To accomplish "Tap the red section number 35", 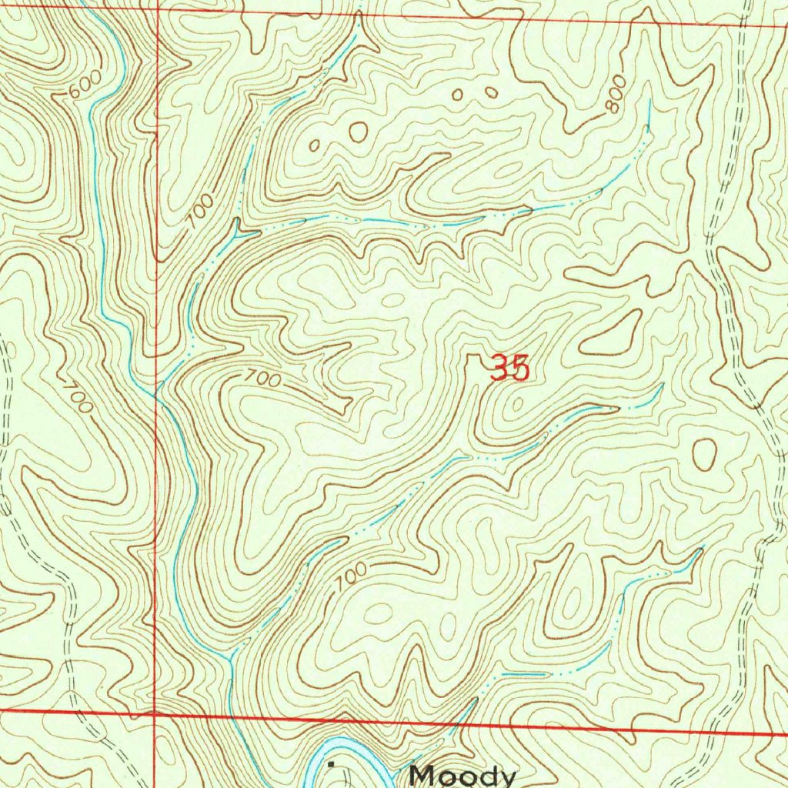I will pos(510,369).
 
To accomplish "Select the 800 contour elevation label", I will pos(614,96).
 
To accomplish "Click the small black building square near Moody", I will pos(332,764).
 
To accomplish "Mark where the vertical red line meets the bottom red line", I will pos(156,714).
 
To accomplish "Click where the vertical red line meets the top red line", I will pos(158,10).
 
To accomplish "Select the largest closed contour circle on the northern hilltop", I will pos(358,132).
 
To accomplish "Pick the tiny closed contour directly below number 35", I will pos(516,402).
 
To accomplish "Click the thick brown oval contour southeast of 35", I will pos(703,454).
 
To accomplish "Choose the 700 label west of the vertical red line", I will pos(77,394).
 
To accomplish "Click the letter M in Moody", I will pos(422,774).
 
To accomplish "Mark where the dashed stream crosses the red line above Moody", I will pos(467,722).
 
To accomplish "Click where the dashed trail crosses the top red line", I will pos(742,25).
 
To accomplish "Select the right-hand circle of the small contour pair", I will pos(490,92).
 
